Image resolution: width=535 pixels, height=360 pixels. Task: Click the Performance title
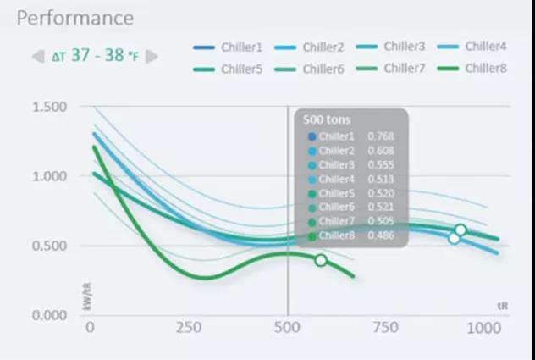(75, 18)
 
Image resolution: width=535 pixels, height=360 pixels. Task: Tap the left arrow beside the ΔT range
(36, 57)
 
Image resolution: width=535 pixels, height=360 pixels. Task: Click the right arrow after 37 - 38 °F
(152, 57)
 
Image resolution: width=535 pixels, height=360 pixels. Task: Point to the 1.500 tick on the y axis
(50, 107)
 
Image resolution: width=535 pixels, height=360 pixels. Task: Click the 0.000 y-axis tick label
(50, 315)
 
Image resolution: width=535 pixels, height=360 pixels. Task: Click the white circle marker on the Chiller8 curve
(321, 260)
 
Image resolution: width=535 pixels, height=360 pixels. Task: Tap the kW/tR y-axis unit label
(87, 296)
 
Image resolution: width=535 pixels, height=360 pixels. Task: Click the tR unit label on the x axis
(502, 303)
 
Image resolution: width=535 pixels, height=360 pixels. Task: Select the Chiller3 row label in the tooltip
(337, 164)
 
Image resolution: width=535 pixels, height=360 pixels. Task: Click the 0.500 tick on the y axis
(50, 246)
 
